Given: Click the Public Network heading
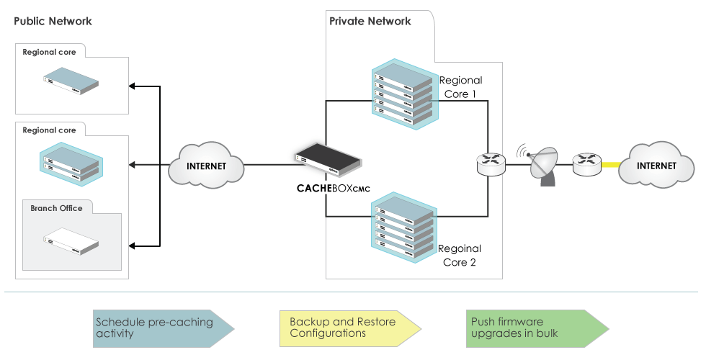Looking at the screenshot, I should tap(53, 21).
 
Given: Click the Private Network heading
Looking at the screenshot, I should tap(370, 21).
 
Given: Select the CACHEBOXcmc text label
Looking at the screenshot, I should tap(333, 189).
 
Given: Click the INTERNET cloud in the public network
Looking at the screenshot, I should tap(206, 166).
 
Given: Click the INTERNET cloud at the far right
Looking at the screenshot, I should tap(656, 165).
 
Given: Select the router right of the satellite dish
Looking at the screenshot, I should tap(586, 166).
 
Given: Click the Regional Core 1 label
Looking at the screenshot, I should tap(460, 87).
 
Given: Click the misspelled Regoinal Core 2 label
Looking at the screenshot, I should tap(460, 255).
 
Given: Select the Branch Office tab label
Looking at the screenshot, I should tap(56, 208).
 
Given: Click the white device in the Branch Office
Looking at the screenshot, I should tap(70, 242).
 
